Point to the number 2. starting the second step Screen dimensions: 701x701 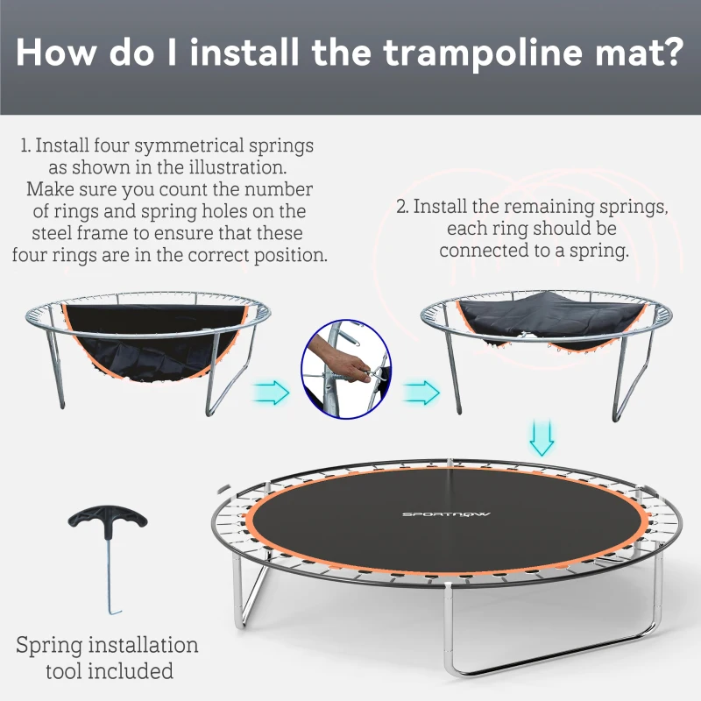(401, 208)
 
